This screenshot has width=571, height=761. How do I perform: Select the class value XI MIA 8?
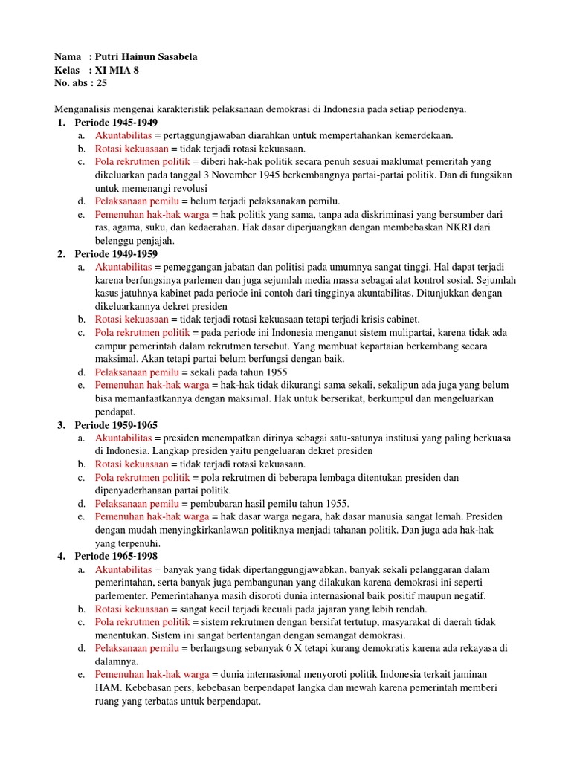pos(118,71)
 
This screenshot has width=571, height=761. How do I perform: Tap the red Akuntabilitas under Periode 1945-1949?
pos(123,135)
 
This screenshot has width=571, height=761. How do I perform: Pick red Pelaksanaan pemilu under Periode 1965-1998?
pos(137,648)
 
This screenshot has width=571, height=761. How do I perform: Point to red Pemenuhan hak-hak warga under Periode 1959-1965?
pos(152,516)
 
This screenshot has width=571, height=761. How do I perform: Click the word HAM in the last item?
pos(105,687)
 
